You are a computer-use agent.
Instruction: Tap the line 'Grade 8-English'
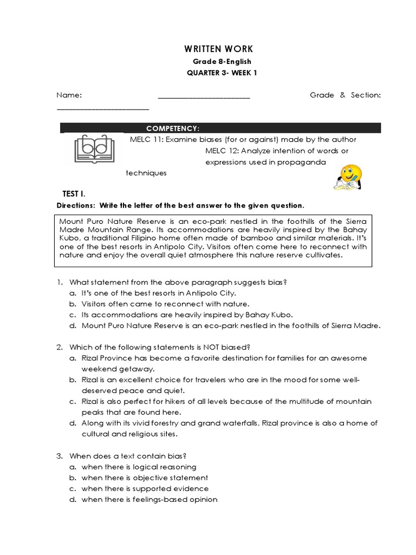click(222, 62)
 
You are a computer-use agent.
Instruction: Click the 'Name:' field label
click(69, 95)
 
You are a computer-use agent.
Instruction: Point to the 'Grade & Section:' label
click(345, 95)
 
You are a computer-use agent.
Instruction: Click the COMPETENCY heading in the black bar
click(173, 128)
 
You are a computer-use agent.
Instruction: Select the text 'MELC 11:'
click(146, 139)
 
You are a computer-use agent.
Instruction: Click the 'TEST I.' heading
click(74, 193)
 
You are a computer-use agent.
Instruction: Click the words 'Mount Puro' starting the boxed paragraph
click(79, 221)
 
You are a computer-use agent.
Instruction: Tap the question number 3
click(60, 456)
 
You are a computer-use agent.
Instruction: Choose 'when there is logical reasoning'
click(139, 467)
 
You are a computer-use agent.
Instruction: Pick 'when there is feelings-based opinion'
click(149, 499)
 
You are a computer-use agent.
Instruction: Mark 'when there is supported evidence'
click(145, 488)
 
